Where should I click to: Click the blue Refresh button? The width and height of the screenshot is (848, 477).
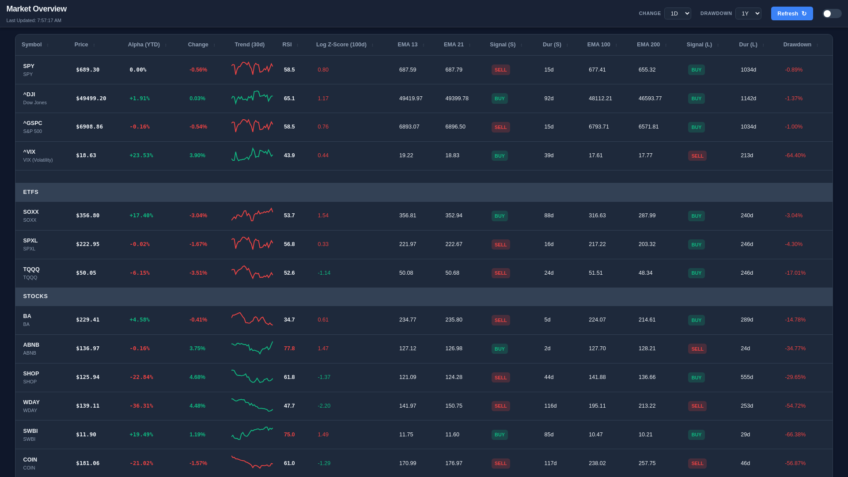click(791, 14)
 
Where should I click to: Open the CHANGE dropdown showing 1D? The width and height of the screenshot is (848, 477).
click(677, 14)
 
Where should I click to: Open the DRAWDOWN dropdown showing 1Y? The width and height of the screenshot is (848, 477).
click(748, 14)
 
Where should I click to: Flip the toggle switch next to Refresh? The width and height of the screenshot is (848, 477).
click(832, 14)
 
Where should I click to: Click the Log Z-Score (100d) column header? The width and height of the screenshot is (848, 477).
click(341, 45)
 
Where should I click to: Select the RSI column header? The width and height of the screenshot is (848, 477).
click(287, 45)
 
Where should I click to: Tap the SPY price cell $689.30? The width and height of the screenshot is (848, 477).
click(87, 70)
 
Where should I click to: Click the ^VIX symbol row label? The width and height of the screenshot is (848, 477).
click(29, 152)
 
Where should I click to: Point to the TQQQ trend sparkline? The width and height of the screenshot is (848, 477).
click(252, 273)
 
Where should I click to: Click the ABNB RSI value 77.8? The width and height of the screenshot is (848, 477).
click(289, 348)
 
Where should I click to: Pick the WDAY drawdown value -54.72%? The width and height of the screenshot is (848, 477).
click(795, 406)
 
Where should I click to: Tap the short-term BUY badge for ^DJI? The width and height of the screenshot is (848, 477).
click(500, 98)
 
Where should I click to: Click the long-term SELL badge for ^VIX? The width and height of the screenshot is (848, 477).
click(697, 156)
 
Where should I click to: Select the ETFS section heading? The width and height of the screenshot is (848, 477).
click(31, 192)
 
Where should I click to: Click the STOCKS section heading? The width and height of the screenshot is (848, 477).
click(35, 296)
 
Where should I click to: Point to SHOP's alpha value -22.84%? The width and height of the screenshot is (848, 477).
click(141, 377)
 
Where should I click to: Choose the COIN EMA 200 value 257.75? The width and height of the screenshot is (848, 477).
click(647, 463)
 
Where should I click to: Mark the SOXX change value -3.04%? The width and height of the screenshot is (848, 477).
click(198, 216)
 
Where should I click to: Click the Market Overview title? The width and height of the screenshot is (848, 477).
click(37, 9)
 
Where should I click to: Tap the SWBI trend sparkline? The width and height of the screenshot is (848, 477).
click(252, 433)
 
